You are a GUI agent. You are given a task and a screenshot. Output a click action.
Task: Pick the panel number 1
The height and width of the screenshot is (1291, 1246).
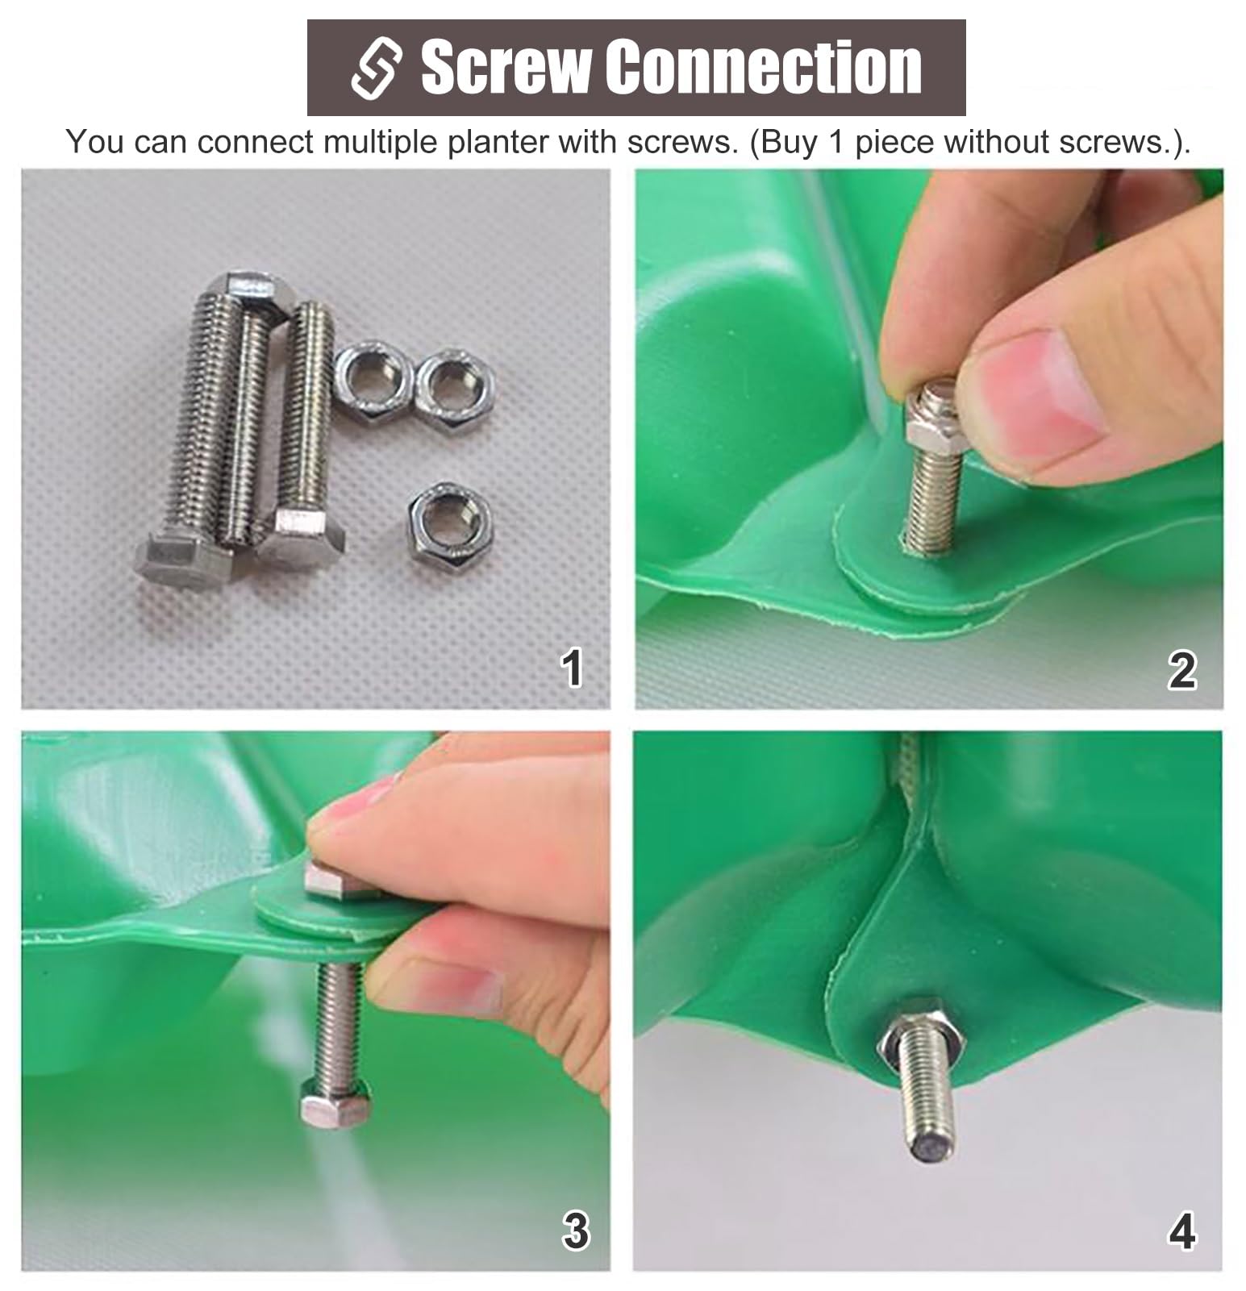tap(572, 668)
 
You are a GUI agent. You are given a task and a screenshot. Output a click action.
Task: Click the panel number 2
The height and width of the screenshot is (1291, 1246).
tap(1181, 670)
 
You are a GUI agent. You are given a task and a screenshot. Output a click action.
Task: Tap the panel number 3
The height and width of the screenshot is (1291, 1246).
tap(575, 1231)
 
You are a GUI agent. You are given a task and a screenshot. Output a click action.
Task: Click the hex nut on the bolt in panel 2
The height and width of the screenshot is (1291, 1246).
tap(929, 417)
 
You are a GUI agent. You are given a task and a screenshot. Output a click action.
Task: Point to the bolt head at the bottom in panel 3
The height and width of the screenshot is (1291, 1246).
tap(335, 1102)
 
